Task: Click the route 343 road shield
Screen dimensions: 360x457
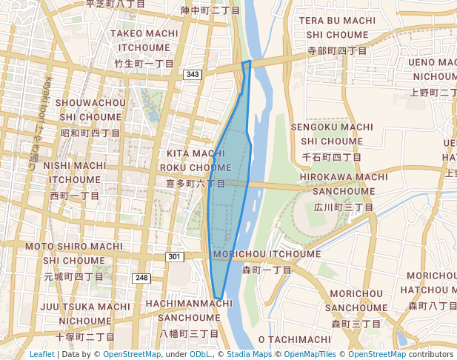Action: (193, 75)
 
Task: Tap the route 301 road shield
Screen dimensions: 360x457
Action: (174, 256)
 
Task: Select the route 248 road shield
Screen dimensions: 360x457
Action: (141, 278)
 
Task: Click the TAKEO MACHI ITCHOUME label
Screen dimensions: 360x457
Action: (145, 40)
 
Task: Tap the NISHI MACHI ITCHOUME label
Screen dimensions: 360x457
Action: (75, 172)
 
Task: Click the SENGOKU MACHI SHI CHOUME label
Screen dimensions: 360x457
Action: (332, 133)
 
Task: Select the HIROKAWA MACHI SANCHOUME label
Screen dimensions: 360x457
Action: (344, 184)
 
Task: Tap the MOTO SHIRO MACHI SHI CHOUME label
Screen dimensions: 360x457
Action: (74, 253)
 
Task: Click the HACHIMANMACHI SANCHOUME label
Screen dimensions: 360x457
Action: (189, 310)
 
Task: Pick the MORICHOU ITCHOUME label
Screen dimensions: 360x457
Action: (267, 254)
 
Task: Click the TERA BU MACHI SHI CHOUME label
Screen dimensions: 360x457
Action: (337, 27)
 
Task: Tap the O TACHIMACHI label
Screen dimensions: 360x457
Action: (295, 339)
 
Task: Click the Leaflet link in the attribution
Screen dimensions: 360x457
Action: (42, 354)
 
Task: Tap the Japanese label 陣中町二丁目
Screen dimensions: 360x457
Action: (210, 11)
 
